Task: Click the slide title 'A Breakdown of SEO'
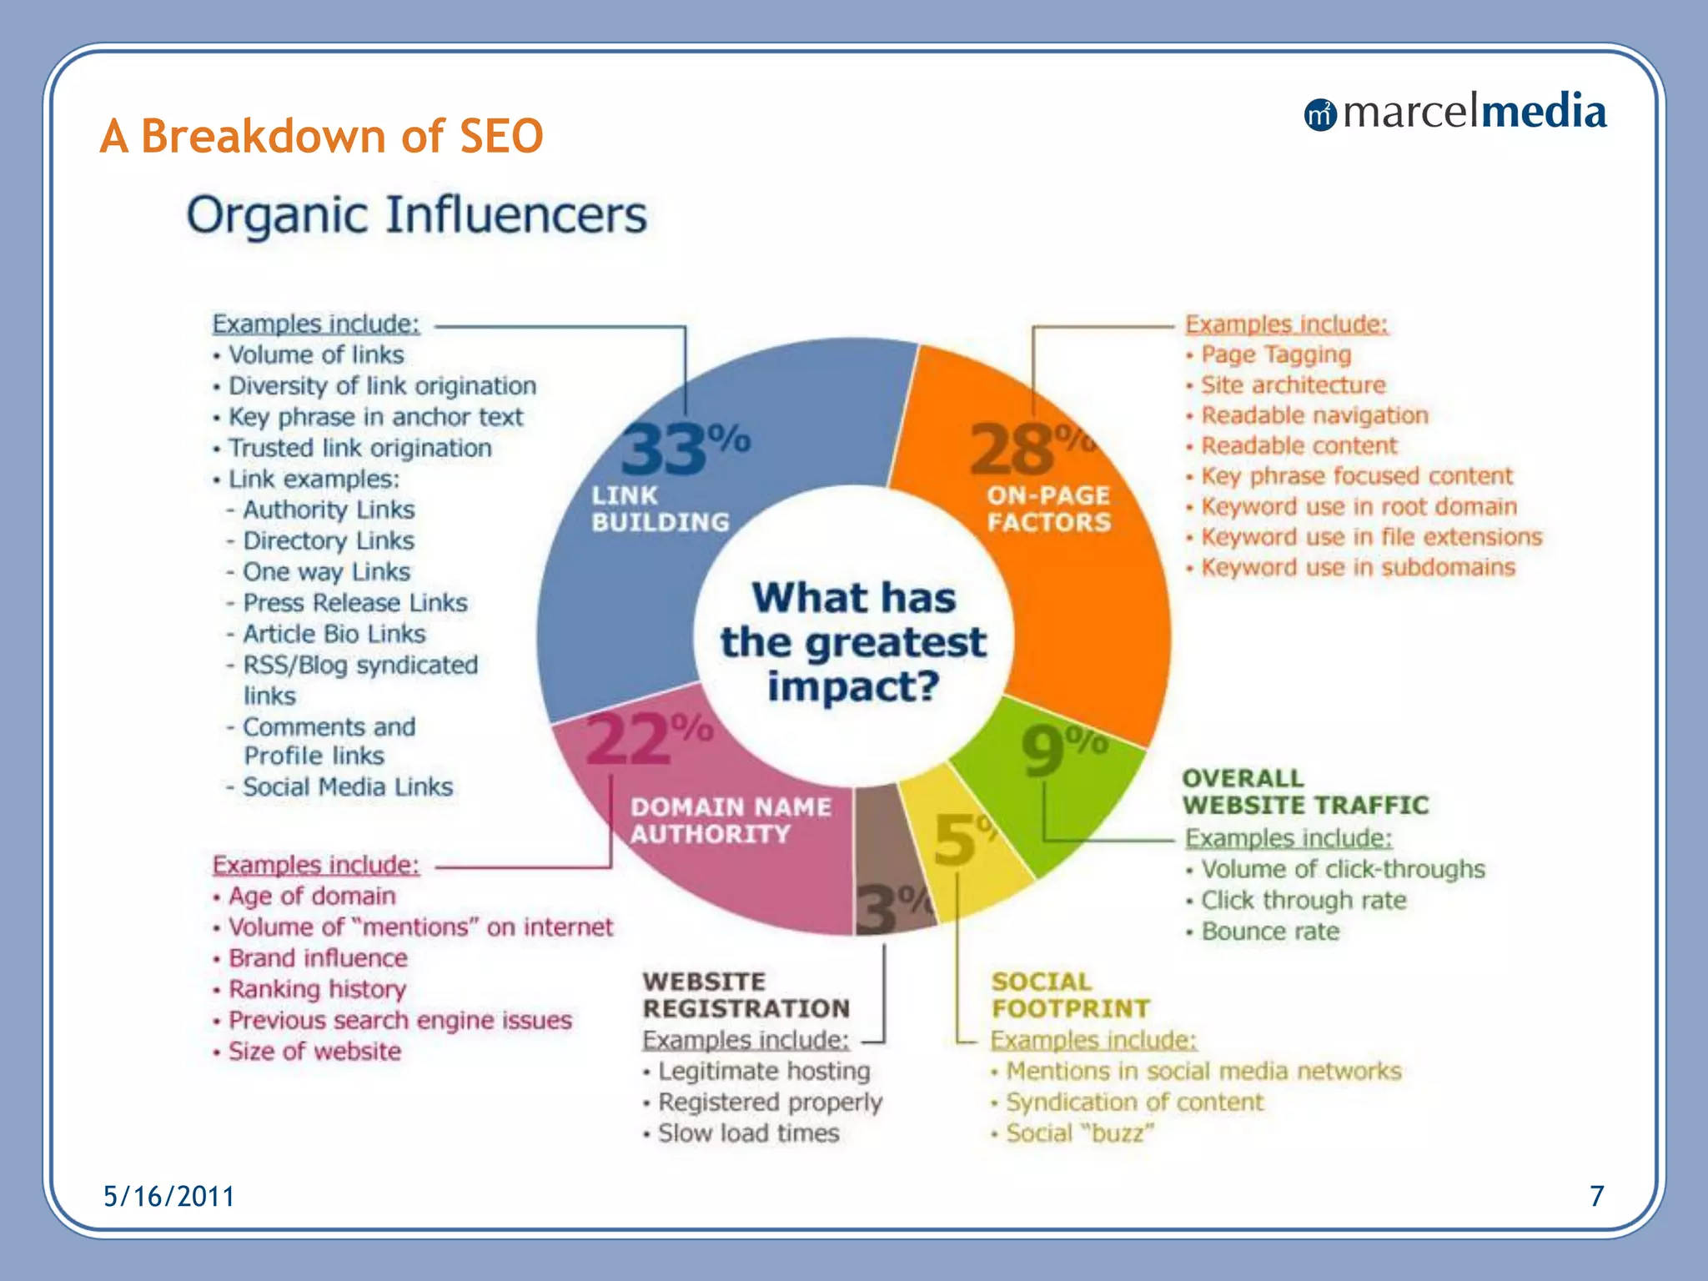pyautogui.click(x=321, y=136)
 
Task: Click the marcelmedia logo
pyautogui.click(x=1454, y=113)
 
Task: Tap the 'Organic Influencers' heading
pyautogui.click(x=416, y=215)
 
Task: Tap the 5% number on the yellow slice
pyautogui.click(x=957, y=838)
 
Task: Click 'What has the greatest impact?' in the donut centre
pyautogui.click(x=853, y=642)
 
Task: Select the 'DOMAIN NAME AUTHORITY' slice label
pyautogui.click(x=730, y=821)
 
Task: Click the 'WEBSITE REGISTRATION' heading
pyautogui.click(x=746, y=995)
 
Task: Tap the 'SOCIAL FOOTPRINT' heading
pyautogui.click(x=1070, y=995)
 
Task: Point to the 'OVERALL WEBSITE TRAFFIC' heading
pyautogui.click(x=1305, y=791)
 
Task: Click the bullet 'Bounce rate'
pyautogui.click(x=1269, y=932)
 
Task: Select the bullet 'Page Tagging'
pyautogui.click(x=1275, y=354)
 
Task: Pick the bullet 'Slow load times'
pyautogui.click(x=748, y=1133)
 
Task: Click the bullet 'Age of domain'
pyautogui.click(x=312, y=897)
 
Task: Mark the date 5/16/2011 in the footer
pyautogui.click(x=168, y=1197)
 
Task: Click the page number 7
pyautogui.click(x=1596, y=1197)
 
